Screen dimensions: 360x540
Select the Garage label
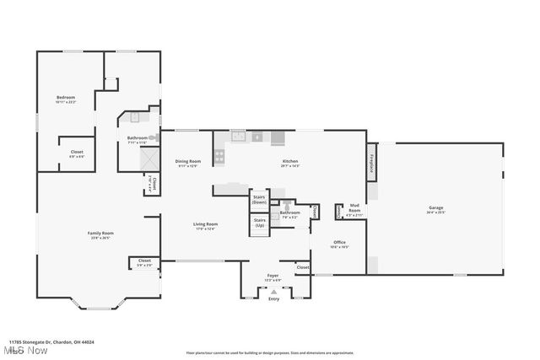(435, 209)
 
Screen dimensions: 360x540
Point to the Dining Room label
(187, 162)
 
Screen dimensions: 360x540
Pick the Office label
(339, 244)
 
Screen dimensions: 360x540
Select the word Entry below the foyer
(273, 298)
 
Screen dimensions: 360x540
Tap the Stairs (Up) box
(259, 223)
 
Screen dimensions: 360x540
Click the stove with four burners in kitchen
(219, 155)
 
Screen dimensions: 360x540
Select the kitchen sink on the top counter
(239, 136)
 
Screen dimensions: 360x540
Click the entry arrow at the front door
(273, 291)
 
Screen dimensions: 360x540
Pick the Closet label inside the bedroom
(76, 153)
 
